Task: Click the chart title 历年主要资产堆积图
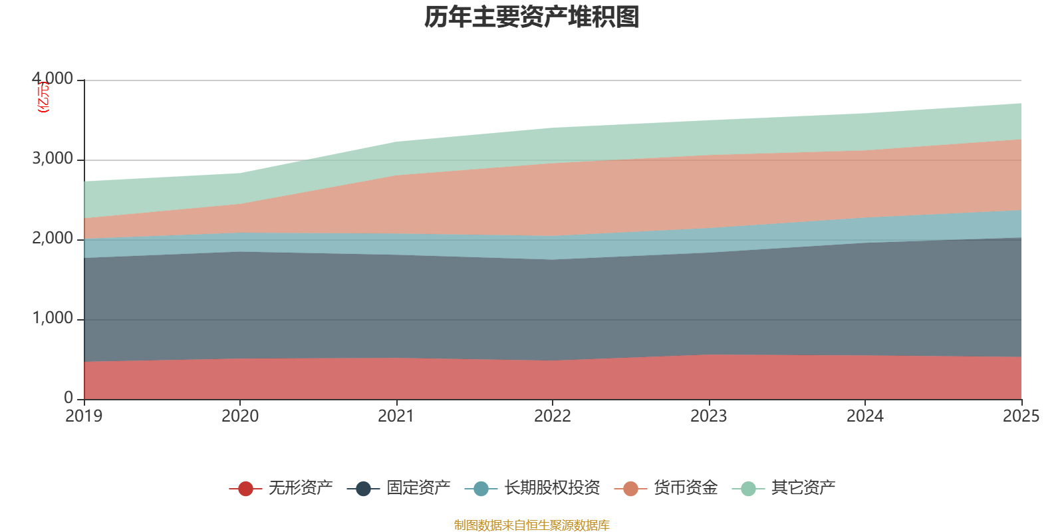tap(531, 18)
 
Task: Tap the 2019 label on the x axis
tap(84, 416)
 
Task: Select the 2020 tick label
tap(240, 416)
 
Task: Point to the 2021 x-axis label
tap(396, 416)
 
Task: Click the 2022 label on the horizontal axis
tap(553, 416)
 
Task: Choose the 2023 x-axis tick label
tap(709, 416)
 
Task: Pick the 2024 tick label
tap(864, 416)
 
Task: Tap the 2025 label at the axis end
tap(1020, 416)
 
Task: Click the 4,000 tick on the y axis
tap(53, 79)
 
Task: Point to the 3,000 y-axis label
tap(53, 159)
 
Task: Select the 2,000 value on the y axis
tap(53, 239)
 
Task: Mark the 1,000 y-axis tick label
tap(53, 319)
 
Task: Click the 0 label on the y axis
tap(68, 398)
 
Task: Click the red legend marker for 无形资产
tap(245, 489)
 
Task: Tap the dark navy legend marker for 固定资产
tap(363, 489)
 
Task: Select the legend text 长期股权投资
tap(552, 488)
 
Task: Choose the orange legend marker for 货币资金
tap(630, 489)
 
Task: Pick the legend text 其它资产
tap(803, 488)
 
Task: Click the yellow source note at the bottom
tap(531, 525)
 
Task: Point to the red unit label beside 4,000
tap(43, 97)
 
